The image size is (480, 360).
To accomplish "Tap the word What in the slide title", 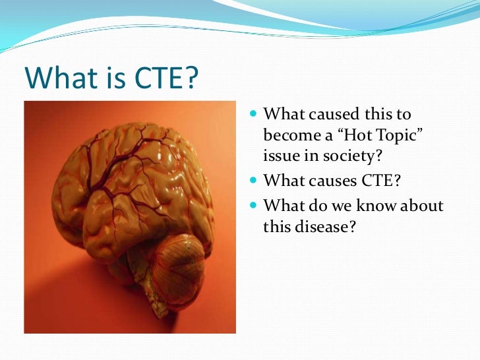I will coord(57,79).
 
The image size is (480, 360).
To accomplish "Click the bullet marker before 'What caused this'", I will coord(255,116).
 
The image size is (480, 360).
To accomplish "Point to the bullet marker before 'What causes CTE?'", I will coord(255,179).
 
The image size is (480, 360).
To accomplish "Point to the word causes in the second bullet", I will coord(328,179).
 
